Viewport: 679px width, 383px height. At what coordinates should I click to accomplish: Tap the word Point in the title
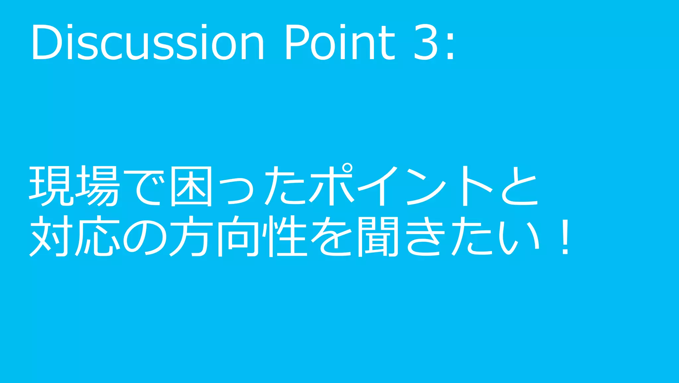click(340, 43)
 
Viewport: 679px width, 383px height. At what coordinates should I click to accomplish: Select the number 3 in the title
click(426, 43)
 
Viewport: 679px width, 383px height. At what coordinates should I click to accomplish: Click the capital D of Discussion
click(46, 43)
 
